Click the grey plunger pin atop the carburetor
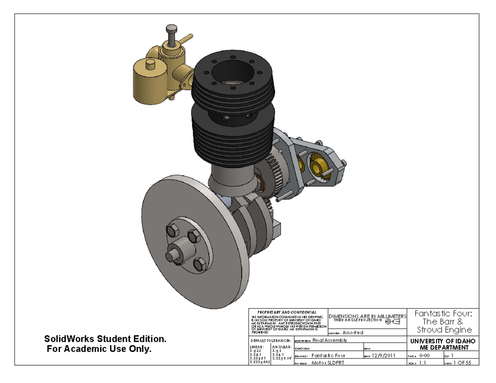pyautogui.click(x=170, y=30)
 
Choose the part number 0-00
pyautogui.click(x=426, y=355)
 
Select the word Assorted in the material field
pyautogui.click(x=353, y=333)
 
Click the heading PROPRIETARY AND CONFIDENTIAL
pyautogui.click(x=287, y=312)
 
